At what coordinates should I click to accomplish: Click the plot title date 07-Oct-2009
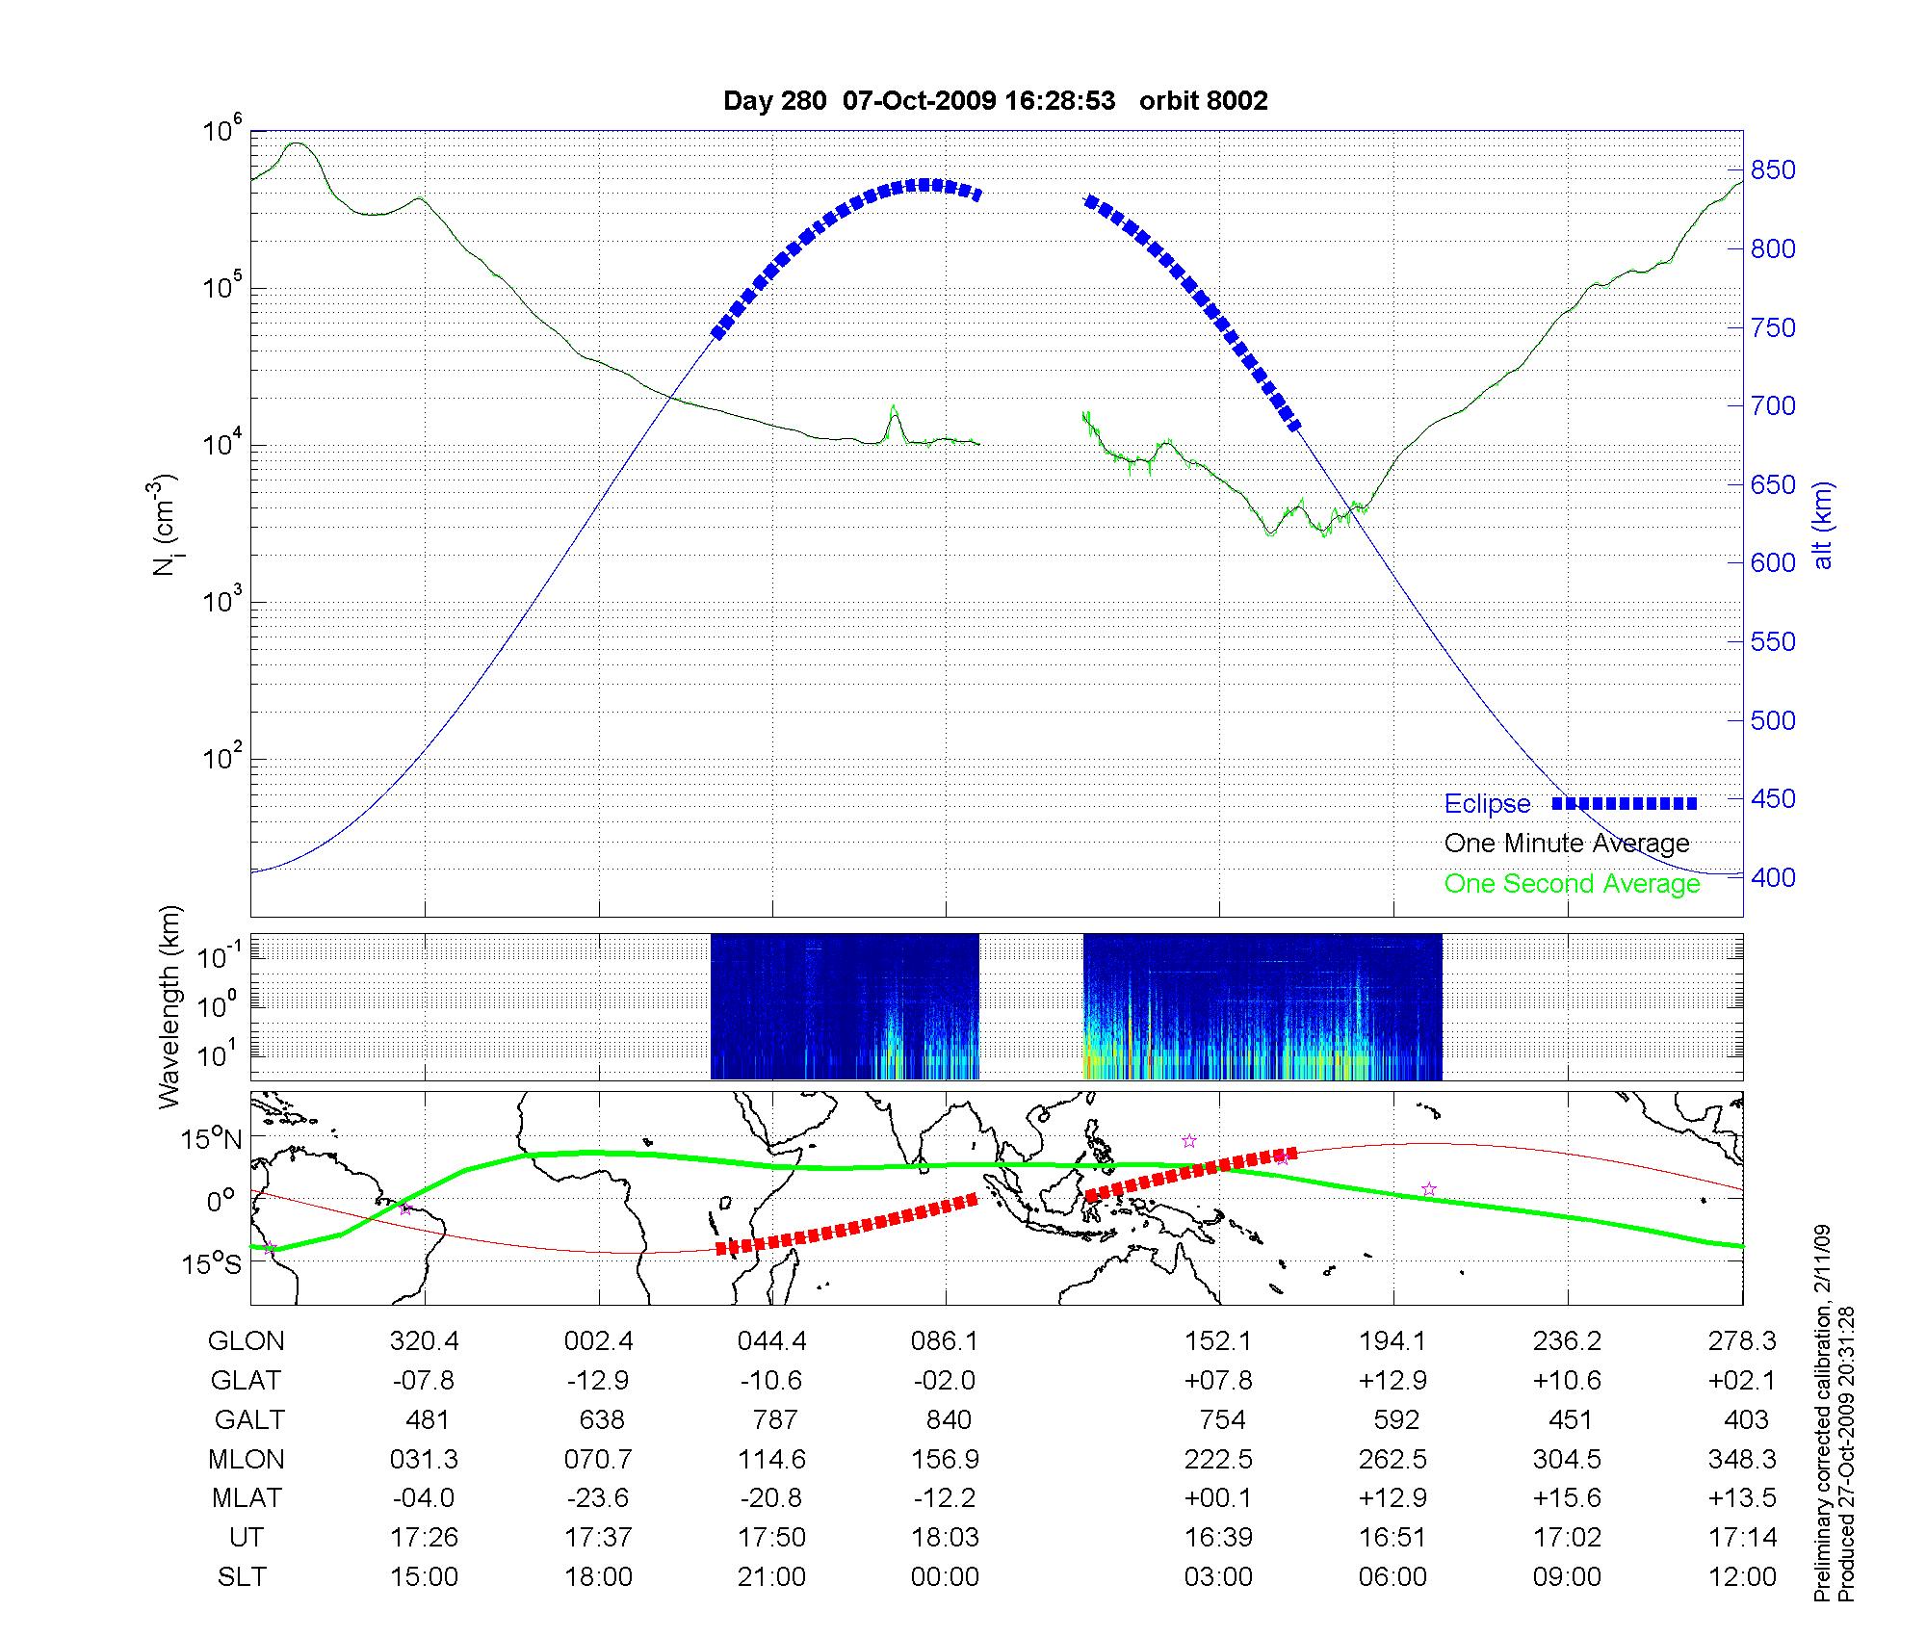(x=919, y=100)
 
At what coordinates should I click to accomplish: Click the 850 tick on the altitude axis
(x=1772, y=170)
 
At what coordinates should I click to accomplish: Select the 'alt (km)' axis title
(x=1822, y=525)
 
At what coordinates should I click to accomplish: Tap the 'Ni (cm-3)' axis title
(x=166, y=525)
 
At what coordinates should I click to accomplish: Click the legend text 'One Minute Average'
(x=1567, y=844)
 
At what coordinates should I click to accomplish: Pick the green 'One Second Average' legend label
(x=1572, y=884)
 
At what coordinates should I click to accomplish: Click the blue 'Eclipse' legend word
(x=1487, y=804)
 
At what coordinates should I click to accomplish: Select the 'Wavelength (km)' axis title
(x=169, y=1006)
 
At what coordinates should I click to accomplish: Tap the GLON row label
(x=247, y=1341)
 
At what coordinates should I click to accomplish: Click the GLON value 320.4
(x=424, y=1341)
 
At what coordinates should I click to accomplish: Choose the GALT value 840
(x=947, y=1420)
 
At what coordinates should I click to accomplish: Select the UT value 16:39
(x=1218, y=1538)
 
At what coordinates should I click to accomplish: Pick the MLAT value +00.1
(x=1218, y=1498)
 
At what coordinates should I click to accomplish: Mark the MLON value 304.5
(x=1567, y=1460)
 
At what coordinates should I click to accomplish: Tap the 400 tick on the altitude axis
(x=1772, y=877)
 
